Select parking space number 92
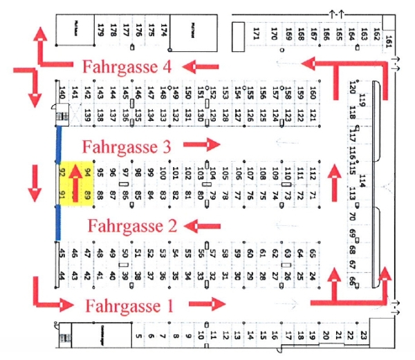(64, 172)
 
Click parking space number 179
(101, 30)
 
